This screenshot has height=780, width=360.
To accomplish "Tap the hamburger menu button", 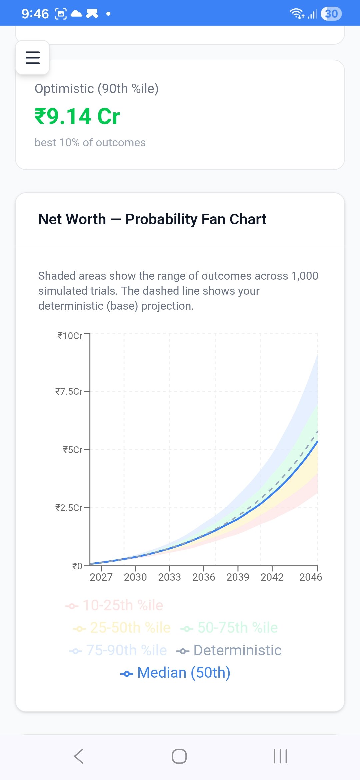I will coord(33,58).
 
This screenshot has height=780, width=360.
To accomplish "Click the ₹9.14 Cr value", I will coord(77,116).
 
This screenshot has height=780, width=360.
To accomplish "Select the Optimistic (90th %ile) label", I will coord(96,89).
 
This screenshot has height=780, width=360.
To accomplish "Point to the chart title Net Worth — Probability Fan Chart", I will coord(152,219).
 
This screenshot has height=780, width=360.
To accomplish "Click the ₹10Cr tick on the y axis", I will coord(70,336).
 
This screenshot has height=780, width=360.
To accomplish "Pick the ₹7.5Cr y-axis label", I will coord(69,391).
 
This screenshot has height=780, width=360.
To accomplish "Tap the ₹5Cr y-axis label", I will coord(72,450).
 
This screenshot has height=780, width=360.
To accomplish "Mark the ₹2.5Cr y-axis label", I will coord(69,508).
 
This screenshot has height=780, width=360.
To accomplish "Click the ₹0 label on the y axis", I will coord(77,566).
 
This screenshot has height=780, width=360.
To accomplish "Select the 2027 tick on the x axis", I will coord(101,577).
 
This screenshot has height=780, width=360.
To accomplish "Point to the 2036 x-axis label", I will coord(204,577).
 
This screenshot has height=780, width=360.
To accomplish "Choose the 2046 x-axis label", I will coord(310,577).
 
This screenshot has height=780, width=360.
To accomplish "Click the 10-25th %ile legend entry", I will coord(114,605).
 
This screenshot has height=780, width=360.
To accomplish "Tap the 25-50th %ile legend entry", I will coord(122,628).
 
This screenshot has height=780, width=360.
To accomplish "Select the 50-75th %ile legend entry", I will coord(229,628).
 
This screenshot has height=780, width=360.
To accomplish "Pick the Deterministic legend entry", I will coord(229,650).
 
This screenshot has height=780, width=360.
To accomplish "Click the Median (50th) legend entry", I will coord(176,673).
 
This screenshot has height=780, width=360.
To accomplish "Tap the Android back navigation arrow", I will coord(79,756).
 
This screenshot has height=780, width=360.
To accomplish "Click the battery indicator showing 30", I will coord(331,14).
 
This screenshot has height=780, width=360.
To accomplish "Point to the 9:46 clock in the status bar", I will coord(35,14).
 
